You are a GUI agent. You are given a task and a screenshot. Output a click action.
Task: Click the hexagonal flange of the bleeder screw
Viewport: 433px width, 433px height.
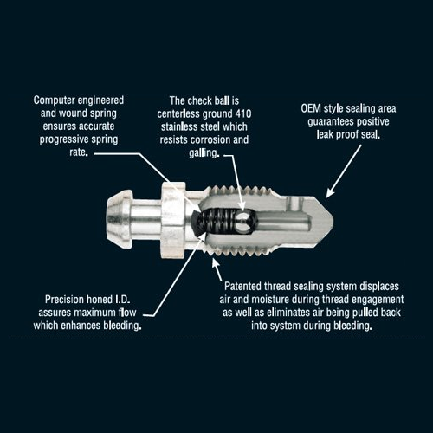pos(172,220)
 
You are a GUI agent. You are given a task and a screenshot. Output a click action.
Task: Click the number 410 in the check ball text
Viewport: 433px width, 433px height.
pos(243,113)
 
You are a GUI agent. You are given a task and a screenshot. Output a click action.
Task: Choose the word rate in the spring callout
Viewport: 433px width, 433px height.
pos(78,152)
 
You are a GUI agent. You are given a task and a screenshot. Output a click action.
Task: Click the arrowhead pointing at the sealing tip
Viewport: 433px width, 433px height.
pos(331,193)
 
